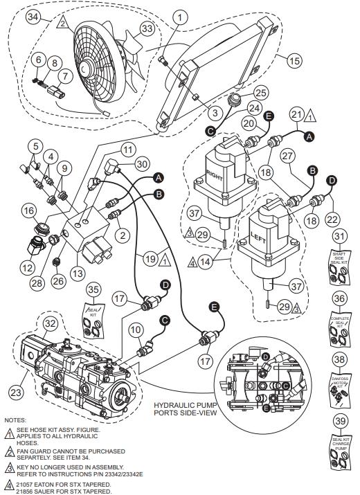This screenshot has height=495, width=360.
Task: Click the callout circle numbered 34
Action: coord(32,15)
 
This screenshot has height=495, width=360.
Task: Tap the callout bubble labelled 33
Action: coord(146,28)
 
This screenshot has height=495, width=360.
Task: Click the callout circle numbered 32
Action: coord(51,323)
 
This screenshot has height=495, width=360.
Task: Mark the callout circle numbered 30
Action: coord(141,164)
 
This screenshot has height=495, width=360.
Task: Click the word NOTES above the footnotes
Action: coord(15,420)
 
